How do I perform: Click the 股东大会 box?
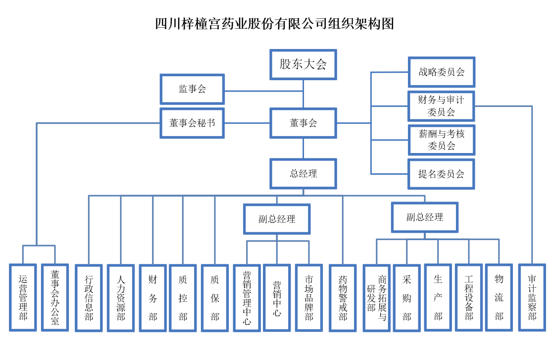click(x=303, y=64)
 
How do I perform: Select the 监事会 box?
click(x=192, y=89)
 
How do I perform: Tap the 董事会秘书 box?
click(x=192, y=123)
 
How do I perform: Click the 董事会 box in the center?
click(x=303, y=123)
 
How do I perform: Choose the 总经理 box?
click(x=303, y=174)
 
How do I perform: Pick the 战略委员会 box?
click(x=441, y=72)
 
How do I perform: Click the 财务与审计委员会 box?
click(x=441, y=106)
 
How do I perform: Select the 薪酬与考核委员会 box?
click(x=441, y=140)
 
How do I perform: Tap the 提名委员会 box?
click(x=441, y=174)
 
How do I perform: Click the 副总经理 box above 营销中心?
click(x=277, y=219)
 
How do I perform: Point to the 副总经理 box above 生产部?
click(x=424, y=217)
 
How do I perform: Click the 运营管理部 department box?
click(x=23, y=297)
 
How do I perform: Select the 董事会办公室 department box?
click(x=54, y=297)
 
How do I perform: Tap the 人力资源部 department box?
click(x=121, y=297)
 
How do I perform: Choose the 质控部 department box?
click(x=183, y=297)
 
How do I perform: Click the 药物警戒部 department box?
click(x=343, y=297)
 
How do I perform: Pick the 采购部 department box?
click(x=406, y=297)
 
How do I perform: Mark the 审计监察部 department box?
click(x=532, y=297)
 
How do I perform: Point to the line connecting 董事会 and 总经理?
click(x=303, y=149)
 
